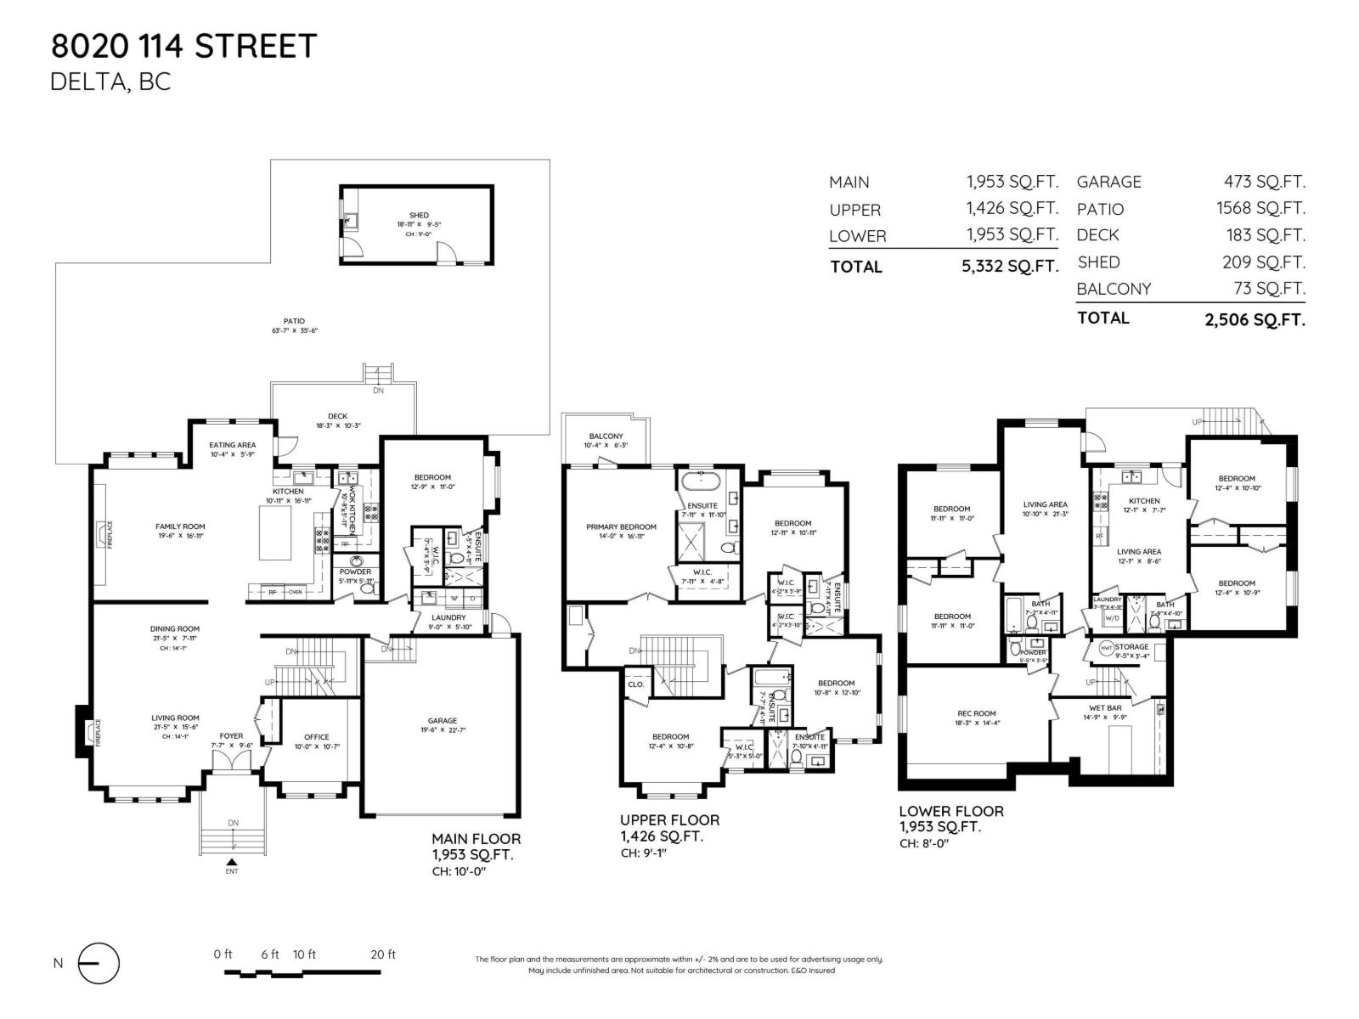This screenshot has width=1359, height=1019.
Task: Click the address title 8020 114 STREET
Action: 183,46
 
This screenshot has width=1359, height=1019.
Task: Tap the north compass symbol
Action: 99,964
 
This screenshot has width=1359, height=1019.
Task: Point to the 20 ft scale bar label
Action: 383,954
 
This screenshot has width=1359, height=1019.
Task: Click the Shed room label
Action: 419,215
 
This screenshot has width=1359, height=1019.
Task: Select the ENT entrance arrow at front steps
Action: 232,863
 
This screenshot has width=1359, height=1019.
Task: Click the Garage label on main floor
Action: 442,720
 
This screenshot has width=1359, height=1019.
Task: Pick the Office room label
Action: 316,737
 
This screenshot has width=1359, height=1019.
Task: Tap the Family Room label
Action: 180,526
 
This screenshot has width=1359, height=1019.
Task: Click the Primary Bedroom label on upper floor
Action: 621,526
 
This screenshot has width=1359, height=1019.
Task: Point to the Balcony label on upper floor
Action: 606,436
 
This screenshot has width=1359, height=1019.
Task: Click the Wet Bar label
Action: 1105,707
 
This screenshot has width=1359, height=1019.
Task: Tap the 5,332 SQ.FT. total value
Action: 1010,266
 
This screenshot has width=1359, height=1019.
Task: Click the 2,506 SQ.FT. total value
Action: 1255,318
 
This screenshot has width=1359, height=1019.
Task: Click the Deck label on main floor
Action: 337,416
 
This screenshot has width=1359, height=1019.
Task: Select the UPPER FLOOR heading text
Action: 669,820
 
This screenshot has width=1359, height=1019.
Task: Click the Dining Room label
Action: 175,629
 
